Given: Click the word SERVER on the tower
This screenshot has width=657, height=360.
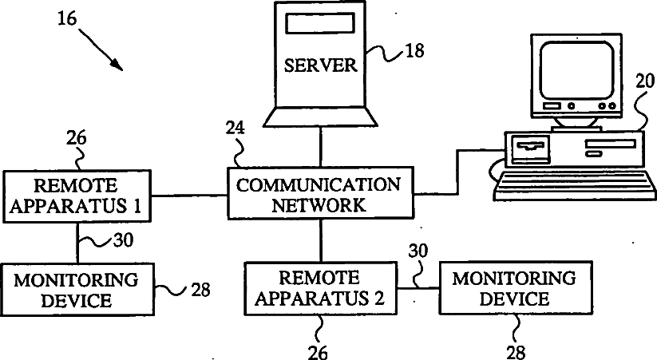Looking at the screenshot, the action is click(321, 65).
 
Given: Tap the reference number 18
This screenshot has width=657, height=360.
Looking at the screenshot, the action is click(414, 51).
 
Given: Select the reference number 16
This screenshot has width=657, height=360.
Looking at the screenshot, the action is click(67, 18).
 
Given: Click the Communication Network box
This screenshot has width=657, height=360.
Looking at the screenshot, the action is click(321, 193).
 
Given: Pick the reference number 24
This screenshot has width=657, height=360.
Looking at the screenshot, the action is click(235, 129).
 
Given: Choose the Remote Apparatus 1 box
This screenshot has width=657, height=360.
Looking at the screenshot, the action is click(77, 196).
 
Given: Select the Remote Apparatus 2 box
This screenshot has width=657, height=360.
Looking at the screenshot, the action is click(321, 288).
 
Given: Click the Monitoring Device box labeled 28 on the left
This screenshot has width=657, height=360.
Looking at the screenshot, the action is click(77, 289).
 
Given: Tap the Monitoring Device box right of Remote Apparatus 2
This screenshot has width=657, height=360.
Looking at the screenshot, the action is click(516, 287).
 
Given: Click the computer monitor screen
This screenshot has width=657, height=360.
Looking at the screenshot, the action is click(577, 69).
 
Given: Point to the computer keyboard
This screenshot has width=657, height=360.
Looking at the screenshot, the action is click(575, 185).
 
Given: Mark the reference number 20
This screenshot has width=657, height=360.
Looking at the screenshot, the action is click(645, 81).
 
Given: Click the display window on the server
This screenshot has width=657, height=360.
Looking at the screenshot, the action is click(320, 23).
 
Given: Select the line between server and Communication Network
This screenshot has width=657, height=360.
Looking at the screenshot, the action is click(321, 147).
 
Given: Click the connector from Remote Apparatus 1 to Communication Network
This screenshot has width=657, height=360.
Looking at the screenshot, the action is click(189, 196).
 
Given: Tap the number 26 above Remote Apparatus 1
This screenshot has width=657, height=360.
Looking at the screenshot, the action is click(77, 137).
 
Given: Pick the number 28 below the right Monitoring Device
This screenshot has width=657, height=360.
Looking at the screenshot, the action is click(516, 352).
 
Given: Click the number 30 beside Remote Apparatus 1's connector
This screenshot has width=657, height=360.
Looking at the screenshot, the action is click(123, 240).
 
